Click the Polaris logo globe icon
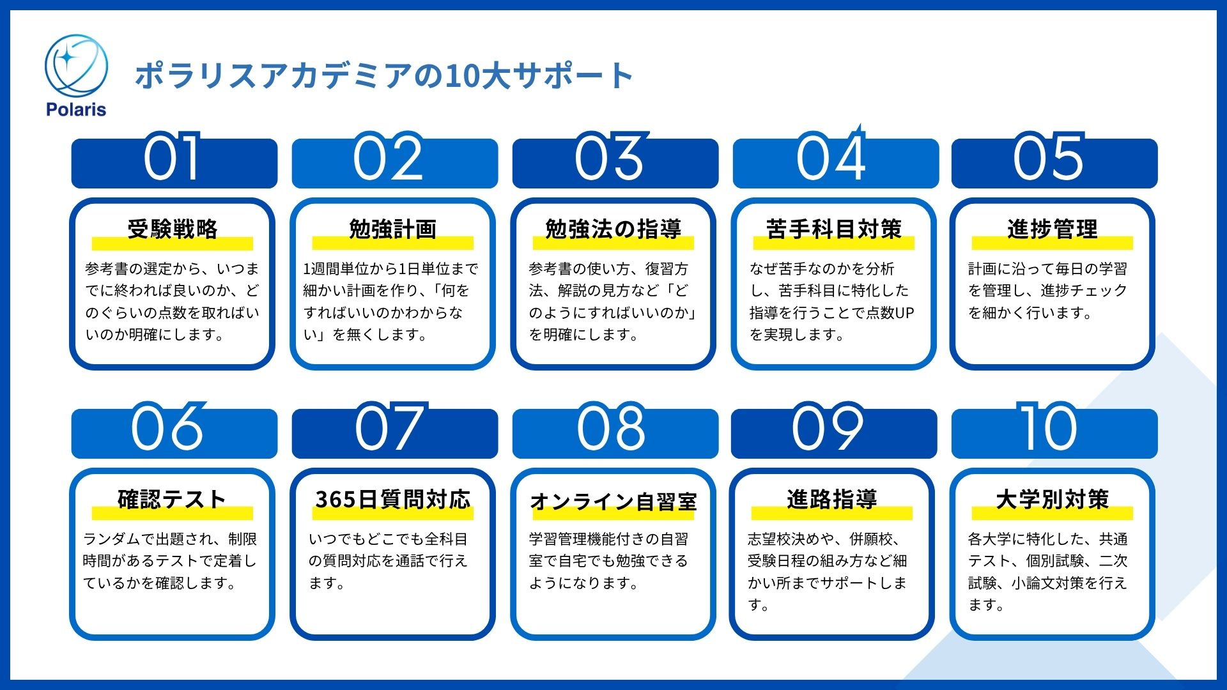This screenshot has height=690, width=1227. (76, 66)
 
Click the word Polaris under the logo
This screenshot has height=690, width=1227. (76, 109)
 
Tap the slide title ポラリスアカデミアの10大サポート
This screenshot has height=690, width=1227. (383, 75)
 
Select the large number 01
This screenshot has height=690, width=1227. (172, 158)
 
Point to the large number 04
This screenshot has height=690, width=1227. (831, 157)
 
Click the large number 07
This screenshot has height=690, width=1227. (390, 427)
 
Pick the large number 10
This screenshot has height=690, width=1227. (1048, 427)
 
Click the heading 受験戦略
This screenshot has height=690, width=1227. (173, 229)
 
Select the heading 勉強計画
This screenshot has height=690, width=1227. (393, 229)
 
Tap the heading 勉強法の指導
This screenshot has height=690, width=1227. (613, 229)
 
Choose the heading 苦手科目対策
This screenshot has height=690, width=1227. (834, 229)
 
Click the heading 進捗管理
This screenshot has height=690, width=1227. (1053, 229)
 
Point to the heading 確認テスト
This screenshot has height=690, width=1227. (173, 499)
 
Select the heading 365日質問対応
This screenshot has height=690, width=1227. (393, 499)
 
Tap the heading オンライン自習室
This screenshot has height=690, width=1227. (613, 502)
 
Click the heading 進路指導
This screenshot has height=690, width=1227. (832, 499)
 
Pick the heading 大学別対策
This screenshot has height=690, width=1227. (1053, 499)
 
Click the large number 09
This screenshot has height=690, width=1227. (828, 427)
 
